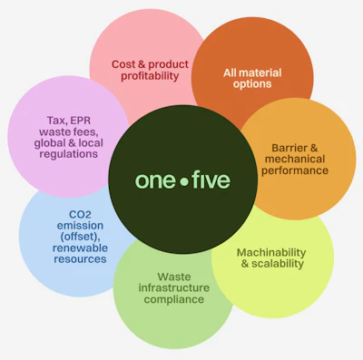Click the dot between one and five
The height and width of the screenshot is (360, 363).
click(182, 181)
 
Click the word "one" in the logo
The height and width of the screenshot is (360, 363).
click(155, 180)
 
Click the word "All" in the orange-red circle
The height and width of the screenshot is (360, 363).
click(231, 72)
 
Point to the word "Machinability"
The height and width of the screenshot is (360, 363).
click(270, 251)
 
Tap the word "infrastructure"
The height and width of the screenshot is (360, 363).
click(172, 287)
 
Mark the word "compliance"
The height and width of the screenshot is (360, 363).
click(172, 299)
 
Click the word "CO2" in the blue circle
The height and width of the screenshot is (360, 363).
click(68, 214)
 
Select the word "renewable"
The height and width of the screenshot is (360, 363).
click(68, 247)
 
